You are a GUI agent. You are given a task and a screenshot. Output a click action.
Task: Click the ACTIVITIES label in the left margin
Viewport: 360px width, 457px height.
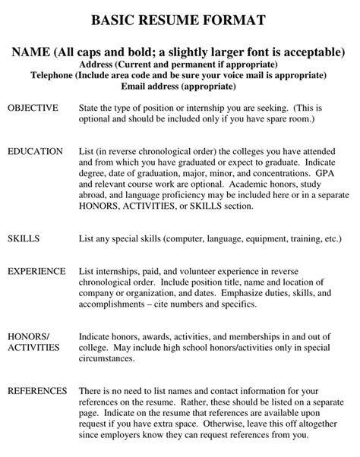coord(35,347)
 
